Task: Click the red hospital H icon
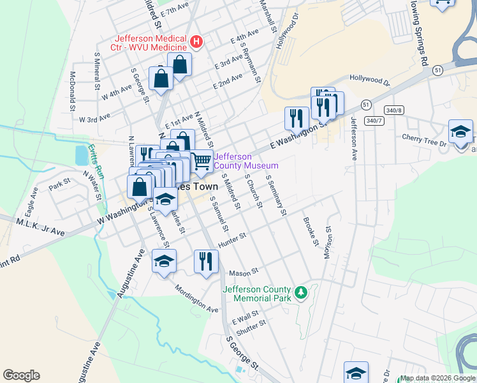(x=196, y=42)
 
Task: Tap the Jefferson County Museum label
(x=246, y=161)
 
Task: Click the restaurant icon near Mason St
(x=206, y=262)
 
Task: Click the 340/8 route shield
(x=394, y=109)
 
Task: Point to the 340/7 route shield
(x=374, y=120)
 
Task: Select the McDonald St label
(x=72, y=90)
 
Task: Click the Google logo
(x=21, y=375)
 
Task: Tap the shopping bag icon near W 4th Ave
(x=161, y=79)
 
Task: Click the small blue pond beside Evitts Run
(x=81, y=155)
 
